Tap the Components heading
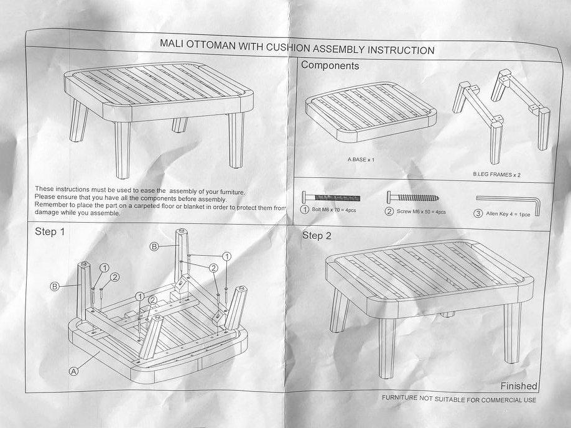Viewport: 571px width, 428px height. [x=330, y=65]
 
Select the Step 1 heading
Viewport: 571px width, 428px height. [x=50, y=231]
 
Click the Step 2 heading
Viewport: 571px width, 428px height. [x=317, y=236]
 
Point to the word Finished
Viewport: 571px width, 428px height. [x=519, y=386]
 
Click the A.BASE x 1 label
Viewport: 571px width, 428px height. [x=361, y=159]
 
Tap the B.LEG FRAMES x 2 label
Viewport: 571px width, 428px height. [x=497, y=174]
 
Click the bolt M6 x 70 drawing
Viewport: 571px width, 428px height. [x=331, y=197]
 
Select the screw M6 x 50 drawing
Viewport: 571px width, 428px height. [x=412, y=197]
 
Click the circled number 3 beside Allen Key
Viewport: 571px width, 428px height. [x=478, y=213]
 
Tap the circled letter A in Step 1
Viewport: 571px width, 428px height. [x=74, y=371]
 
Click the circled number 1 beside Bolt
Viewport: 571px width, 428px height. [x=304, y=210]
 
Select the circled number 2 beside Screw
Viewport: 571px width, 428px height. [x=389, y=212]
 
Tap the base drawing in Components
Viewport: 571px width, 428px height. [x=371, y=113]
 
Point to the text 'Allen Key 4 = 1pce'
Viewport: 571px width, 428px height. [x=508, y=214]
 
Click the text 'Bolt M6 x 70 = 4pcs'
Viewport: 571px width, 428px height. [x=334, y=210]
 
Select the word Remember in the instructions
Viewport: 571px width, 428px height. [x=51, y=205]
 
